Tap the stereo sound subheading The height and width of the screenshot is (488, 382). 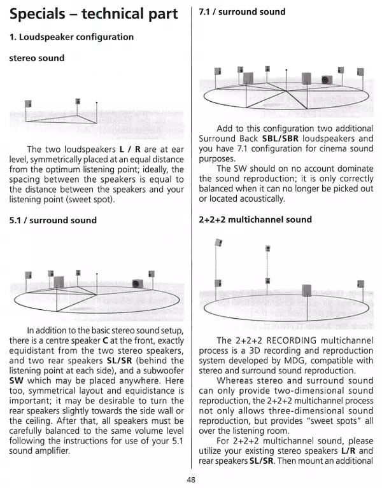36,59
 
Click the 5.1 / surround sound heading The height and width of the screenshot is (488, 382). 53,220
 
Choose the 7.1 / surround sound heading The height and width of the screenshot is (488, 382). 242,11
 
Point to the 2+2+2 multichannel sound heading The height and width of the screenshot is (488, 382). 255,220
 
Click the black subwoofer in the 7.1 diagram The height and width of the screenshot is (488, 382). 327,80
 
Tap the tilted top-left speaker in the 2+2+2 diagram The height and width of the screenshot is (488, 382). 218,242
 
